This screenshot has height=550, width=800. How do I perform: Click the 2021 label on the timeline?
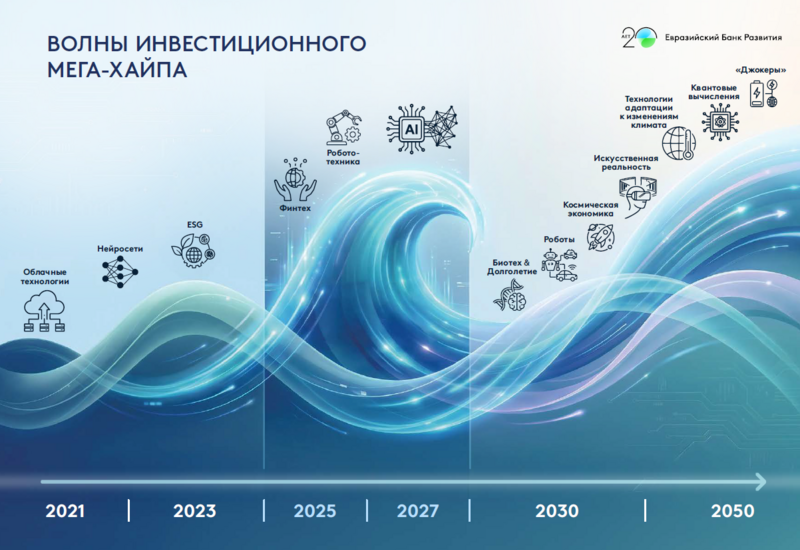coord(64,511)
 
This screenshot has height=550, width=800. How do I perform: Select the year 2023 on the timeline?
coord(194,511)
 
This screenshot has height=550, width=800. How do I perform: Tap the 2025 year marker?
coord(314,511)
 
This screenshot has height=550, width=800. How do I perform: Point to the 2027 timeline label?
coord(417,511)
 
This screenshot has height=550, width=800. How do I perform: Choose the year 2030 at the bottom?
coord(556,511)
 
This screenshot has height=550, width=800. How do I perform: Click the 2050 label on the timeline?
coord(733,511)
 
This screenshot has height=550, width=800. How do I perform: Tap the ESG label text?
coord(194,224)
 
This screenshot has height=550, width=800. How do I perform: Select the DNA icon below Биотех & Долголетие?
coord(514,294)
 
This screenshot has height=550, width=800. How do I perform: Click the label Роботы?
coord(559,240)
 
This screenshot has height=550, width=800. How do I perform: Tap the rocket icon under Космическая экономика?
coord(600,236)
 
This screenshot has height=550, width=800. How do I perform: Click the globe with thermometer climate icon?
coord(680,142)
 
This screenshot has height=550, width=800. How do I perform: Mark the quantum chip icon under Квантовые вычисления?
coord(716,121)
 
